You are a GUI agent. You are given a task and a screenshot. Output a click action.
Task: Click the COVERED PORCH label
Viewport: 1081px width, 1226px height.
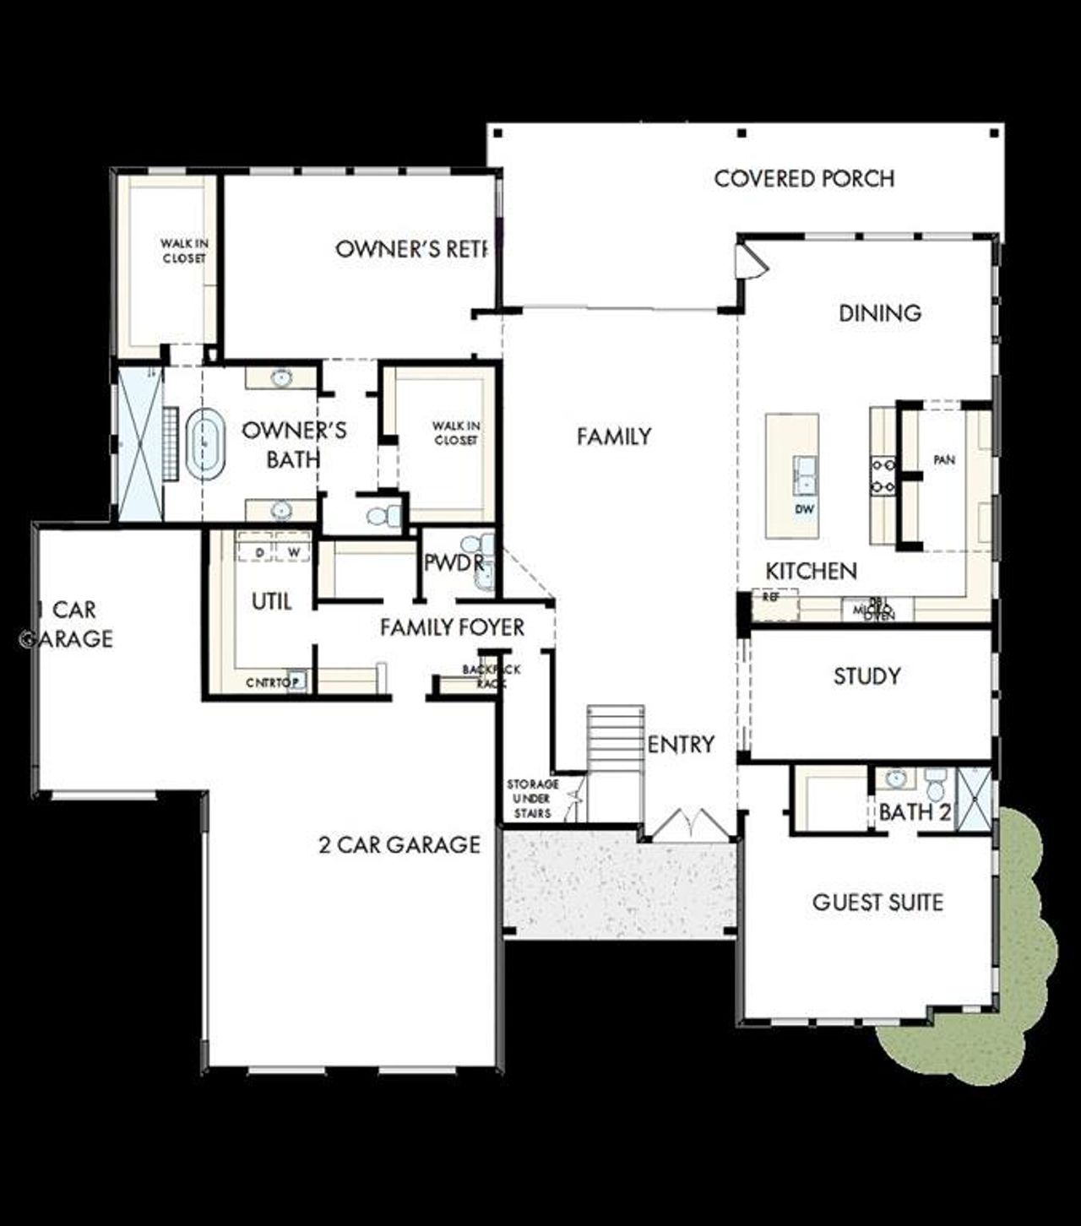(x=804, y=179)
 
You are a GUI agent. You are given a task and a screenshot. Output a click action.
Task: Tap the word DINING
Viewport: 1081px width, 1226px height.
(x=879, y=313)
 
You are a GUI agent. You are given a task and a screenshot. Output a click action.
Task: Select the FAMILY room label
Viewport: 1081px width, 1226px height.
(x=614, y=437)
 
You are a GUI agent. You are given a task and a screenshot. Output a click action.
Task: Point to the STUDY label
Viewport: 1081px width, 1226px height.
(x=866, y=675)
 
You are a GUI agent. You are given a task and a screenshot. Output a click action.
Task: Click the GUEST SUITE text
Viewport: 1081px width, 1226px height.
(x=877, y=903)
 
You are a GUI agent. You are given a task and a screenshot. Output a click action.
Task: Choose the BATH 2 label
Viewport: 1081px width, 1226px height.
(x=915, y=812)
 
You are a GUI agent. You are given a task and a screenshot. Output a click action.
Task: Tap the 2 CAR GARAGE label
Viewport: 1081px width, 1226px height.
(x=399, y=844)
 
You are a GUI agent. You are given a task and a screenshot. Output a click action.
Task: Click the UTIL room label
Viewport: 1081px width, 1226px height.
(x=272, y=602)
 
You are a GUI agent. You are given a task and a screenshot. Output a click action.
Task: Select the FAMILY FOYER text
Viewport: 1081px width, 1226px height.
(x=452, y=627)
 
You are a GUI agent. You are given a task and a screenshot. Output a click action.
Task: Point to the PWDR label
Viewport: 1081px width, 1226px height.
(x=454, y=563)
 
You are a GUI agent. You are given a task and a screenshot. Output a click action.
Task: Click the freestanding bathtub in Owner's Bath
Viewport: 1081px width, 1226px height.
(x=204, y=444)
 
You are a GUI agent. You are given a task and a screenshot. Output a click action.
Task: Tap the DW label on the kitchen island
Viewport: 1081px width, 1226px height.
(x=804, y=509)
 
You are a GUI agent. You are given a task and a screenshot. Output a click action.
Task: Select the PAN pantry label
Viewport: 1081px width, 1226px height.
(x=944, y=460)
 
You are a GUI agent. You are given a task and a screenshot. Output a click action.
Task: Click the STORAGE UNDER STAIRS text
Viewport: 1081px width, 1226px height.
(x=532, y=799)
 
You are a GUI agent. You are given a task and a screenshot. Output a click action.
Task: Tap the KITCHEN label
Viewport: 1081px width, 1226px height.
(x=811, y=572)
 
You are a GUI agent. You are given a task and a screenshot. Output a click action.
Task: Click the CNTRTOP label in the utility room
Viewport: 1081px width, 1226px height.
(x=269, y=682)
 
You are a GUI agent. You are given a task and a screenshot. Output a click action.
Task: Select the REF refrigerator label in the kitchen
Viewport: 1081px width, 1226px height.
(x=770, y=597)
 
